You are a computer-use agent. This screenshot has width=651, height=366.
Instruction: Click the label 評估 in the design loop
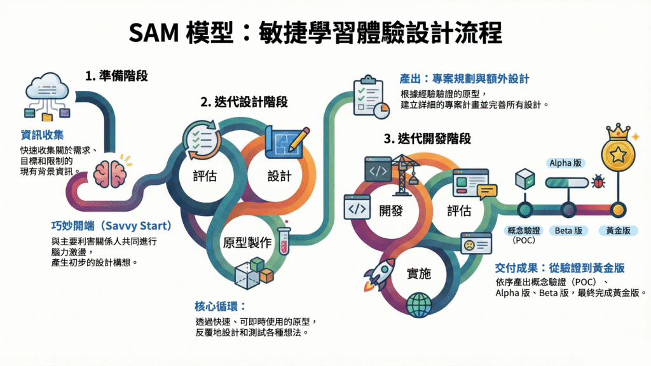tap(204, 175)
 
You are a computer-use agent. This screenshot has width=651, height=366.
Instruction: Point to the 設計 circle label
tap(280, 175)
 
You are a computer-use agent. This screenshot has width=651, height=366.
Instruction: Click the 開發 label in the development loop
tap(390, 210)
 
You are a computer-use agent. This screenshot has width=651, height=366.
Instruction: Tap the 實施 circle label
tap(418, 274)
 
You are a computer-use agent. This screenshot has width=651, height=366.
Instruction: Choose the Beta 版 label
tap(568, 231)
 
